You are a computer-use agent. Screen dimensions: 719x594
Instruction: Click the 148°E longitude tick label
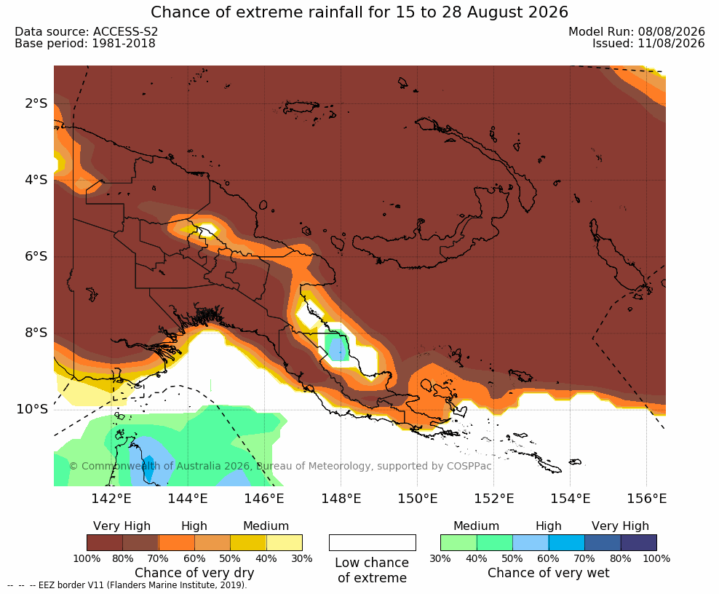tap(341, 498)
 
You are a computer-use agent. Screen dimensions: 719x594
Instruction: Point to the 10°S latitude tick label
tap(32, 408)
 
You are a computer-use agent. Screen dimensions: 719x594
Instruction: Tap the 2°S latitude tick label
tap(36, 103)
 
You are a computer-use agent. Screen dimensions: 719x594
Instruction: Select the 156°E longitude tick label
tap(646, 498)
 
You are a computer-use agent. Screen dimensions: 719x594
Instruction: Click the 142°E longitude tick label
tap(111, 498)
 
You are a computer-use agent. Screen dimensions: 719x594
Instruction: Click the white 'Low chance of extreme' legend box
tap(373, 542)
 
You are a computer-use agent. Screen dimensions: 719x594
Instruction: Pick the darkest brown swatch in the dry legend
tap(105, 542)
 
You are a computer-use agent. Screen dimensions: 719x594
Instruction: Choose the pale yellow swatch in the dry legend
tap(285, 542)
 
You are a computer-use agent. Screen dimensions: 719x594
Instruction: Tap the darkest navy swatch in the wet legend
tap(639, 542)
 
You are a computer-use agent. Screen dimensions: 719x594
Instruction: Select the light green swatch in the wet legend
tap(458, 542)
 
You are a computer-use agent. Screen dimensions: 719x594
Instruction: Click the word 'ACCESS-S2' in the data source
tap(125, 31)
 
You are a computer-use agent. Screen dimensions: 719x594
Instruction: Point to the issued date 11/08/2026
tap(671, 43)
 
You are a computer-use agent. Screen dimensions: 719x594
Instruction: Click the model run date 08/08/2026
tap(671, 31)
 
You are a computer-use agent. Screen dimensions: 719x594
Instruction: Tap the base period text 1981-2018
tap(124, 43)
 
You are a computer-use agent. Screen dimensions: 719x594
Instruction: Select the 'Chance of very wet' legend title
tap(549, 573)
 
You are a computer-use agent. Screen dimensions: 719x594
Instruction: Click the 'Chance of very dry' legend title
tap(194, 573)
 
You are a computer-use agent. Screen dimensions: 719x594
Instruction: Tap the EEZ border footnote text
tap(127, 585)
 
